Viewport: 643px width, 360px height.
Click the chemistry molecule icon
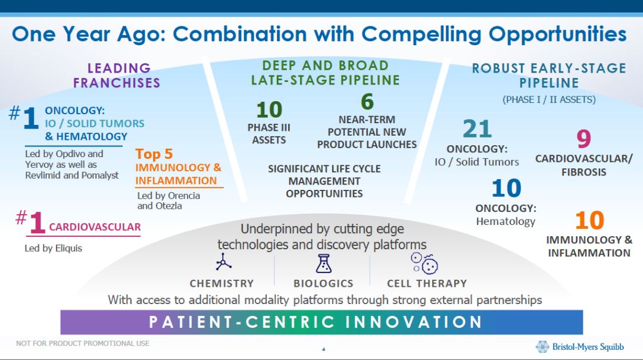[x=224, y=262]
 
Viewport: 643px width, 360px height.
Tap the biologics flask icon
[x=323, y=262]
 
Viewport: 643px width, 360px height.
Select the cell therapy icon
[x=424, y=262]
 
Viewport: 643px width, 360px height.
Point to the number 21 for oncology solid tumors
[x=477, y=129]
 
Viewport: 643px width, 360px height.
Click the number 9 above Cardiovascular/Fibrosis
[x=583, y=139]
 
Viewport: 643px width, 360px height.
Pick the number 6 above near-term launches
[x=367, y=102]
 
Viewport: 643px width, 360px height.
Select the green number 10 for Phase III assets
[x=269, y=110]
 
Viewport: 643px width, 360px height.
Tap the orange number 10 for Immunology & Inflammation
[x=589, y=221]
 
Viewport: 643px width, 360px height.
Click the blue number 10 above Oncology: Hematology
[x=506, y=189]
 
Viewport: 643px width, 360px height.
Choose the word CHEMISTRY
[x=221, y=283]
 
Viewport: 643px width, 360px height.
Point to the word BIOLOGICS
[x=323, y=283]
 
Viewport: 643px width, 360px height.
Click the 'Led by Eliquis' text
[x=54, y=248]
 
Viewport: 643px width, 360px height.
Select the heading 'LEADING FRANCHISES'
[x=117, y=76]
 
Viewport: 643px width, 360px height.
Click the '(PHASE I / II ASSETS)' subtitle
[x=549, y=99]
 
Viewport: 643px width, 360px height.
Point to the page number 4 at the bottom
[x=323, y=349]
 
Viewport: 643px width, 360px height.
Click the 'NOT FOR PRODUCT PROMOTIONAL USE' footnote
[x=83, y=343]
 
